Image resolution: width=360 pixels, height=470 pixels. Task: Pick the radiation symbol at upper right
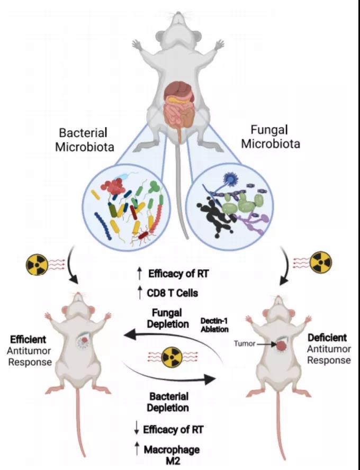321,260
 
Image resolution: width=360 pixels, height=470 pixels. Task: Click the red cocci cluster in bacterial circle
113,186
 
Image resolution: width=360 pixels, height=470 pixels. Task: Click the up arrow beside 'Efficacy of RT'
139,274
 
